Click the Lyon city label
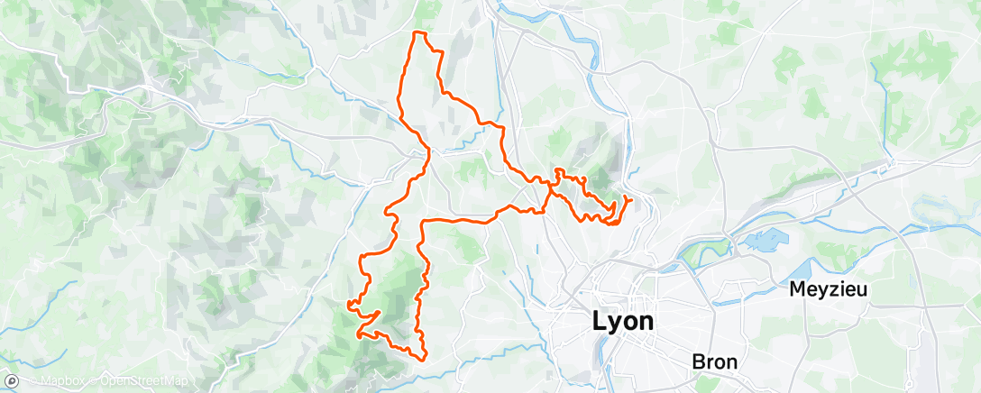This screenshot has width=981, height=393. (x=623, y=321)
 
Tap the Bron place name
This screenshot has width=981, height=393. (x=715, y=361)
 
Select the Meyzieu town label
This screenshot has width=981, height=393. (x=831, y=290)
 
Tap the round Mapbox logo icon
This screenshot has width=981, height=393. (x=12, y=382)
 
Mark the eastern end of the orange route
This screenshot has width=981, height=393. (x=630, y=198)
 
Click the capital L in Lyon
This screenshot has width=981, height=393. (x=600, y=321)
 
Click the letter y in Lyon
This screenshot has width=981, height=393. (x=615, y=323)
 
